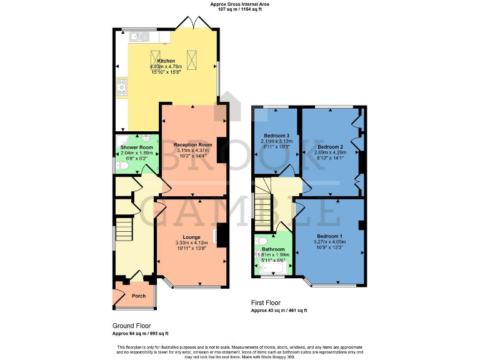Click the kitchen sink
pyautogui.click(x=138, y=37)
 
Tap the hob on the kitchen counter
pyautogui.click(x=121, y=86)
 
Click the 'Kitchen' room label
pyautogui.click(x=166, y=61)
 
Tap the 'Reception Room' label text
pyautogui.click(x=192, y=144)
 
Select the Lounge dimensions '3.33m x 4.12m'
pyautogui.click(x=192, y=242)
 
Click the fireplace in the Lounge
pyautogui.click(x=216, y=236)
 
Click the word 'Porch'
pyautogui.click(x=138, y=296)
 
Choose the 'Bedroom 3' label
pyautogui.click(x=276, y=136)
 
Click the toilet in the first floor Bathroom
pyautogui.click(x=262, y=241)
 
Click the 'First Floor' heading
pyautogui.click(x=265, y=302)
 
